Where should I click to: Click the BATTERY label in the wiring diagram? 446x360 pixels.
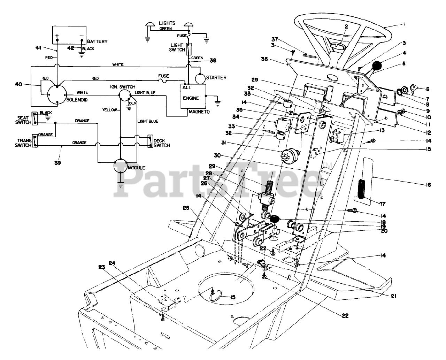97,41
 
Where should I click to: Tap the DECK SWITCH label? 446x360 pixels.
161,143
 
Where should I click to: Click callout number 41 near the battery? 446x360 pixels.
39,47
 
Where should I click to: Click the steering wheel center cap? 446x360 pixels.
336,45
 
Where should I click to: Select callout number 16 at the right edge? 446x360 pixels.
428,185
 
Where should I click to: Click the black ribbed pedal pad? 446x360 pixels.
362,189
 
